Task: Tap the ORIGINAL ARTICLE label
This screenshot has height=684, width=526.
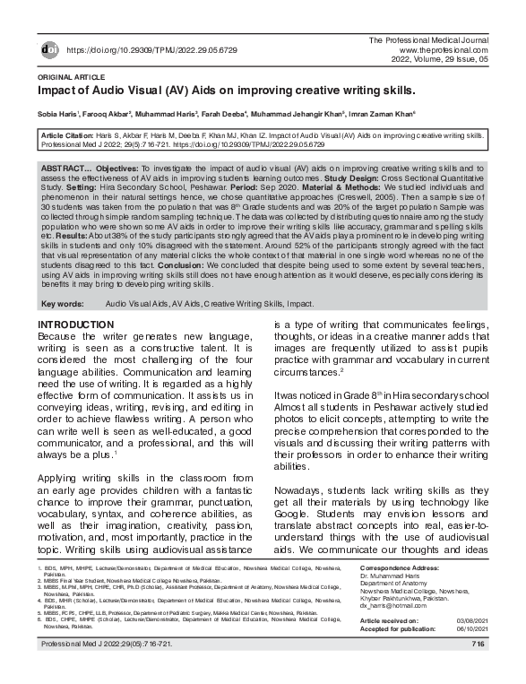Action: [x=69, y=78]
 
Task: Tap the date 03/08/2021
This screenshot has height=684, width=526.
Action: [x=470, y=620]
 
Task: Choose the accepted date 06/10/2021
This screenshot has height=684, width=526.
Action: [x=470, y=628]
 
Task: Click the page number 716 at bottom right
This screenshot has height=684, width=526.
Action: [x=479, y=644]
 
